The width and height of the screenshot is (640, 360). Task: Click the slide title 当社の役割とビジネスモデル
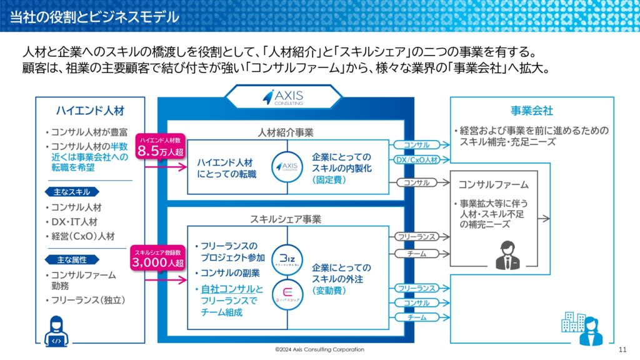coord(94,17)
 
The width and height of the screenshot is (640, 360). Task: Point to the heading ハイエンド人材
coord(90,111)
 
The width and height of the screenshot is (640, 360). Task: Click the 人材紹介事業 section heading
coord(286,132)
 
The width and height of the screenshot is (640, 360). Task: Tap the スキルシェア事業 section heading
coord(286,219)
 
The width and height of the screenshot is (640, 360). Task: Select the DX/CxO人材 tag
coord(417,160)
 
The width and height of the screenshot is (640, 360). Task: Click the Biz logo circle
coord(287,259)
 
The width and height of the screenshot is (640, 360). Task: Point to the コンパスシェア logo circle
coord(287,294)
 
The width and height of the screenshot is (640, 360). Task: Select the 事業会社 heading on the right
coord(531,111)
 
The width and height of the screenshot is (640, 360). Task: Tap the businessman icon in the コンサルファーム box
coord(507,255)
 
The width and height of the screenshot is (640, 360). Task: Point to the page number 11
coord(622,349)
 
